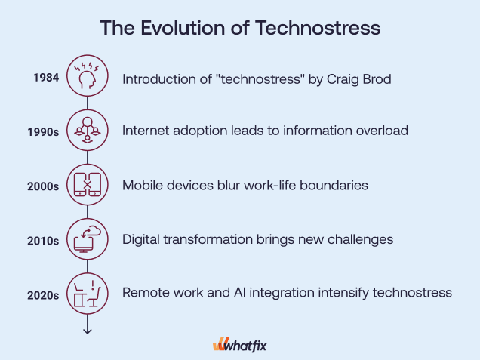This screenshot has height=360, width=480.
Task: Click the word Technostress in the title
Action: pyautogui.click(x=318, y=28)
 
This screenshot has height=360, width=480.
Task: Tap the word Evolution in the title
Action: pyautogui.click(x=183, y=28)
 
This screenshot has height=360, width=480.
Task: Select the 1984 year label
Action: pyautogui.click(x=46, y=78)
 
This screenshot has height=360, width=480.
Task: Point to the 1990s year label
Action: pyautogui.click(x=43, y=132)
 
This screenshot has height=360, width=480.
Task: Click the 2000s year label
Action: pyautogui.click(x=43, y=186)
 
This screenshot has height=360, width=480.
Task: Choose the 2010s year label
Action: pyautogui.click(x=43, y=241)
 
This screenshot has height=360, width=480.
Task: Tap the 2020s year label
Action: pyautogui.click(x=43, y=295)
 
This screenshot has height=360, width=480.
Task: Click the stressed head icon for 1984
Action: pyautogui.click(x=88, y=75)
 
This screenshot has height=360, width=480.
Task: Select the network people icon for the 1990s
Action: pyautogui.click(x=88, y=130)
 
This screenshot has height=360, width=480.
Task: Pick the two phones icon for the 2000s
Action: pyautogui.click(x=88, y=185)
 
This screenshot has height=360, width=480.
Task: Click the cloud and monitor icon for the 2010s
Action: pyautogui.click(x=88, y=239)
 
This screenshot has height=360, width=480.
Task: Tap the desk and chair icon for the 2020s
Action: pyautogui.click(x=88, y=294)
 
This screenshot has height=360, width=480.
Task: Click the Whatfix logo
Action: pyautogui.click(x=240, y=345)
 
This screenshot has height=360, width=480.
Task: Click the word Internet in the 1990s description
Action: pyautogui.click(x=146, y=131)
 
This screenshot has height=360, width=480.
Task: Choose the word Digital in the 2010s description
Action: pyautogui.click(x=141, y=239)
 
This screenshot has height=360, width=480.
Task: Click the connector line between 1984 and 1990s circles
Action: pyautogui.click(x=88, y=103)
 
